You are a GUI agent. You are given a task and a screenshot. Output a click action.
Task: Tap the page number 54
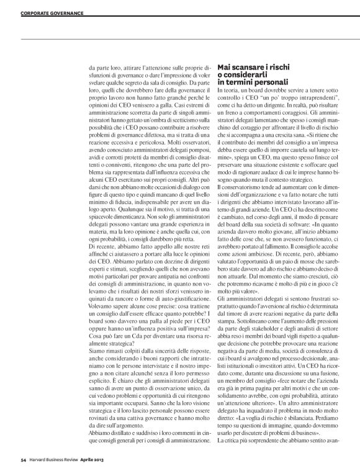(x=23, y=459)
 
